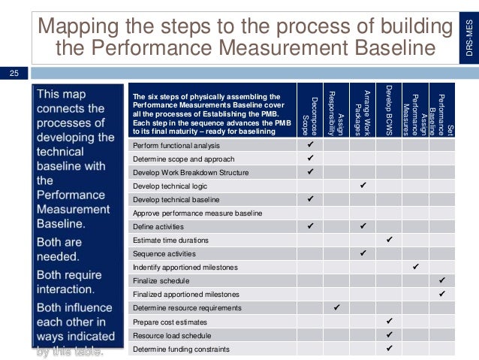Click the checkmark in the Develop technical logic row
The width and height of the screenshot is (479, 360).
(363, 185)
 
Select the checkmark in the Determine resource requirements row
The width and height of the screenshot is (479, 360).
(336, 307)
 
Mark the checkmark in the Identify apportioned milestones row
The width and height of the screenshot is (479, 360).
(415, 266)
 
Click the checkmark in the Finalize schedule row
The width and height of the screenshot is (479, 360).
(441, 280)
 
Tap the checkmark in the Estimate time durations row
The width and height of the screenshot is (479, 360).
(389, 239)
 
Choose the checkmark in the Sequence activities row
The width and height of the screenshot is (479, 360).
(363, 253)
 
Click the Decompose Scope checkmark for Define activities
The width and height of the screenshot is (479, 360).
(309, 225)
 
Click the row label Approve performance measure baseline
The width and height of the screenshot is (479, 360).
(197, 213)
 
